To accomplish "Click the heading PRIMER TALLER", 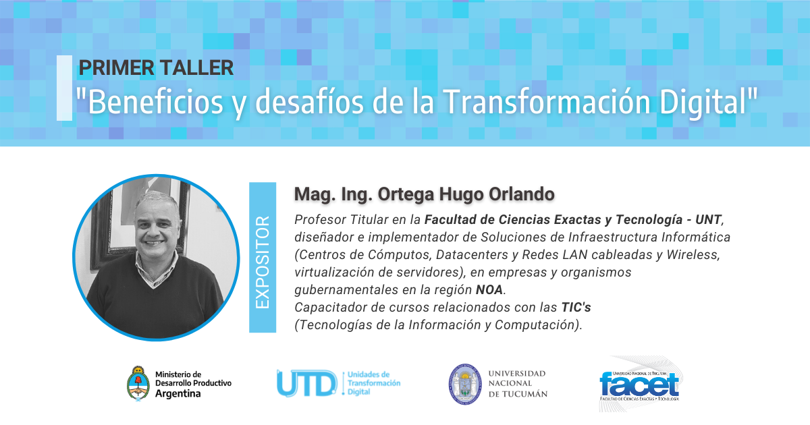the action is pos(156,67).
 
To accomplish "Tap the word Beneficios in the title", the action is pos(155,103).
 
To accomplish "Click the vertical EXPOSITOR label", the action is pos(263,262).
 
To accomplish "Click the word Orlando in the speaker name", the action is pos(521,194).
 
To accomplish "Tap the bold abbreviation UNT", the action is pos(708,220).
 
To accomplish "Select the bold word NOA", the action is pos(489,290).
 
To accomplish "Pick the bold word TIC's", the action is pos(576,307).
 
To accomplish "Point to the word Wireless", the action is pos(693,255).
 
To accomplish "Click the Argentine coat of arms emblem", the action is pos(138,383).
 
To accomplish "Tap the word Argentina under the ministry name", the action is pos(178,393).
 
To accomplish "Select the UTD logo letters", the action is pos(306,383).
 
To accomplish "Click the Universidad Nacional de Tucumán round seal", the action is pos(465,384).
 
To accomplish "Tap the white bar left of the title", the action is pos(64,88).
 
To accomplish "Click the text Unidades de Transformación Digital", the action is pos(374,383).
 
